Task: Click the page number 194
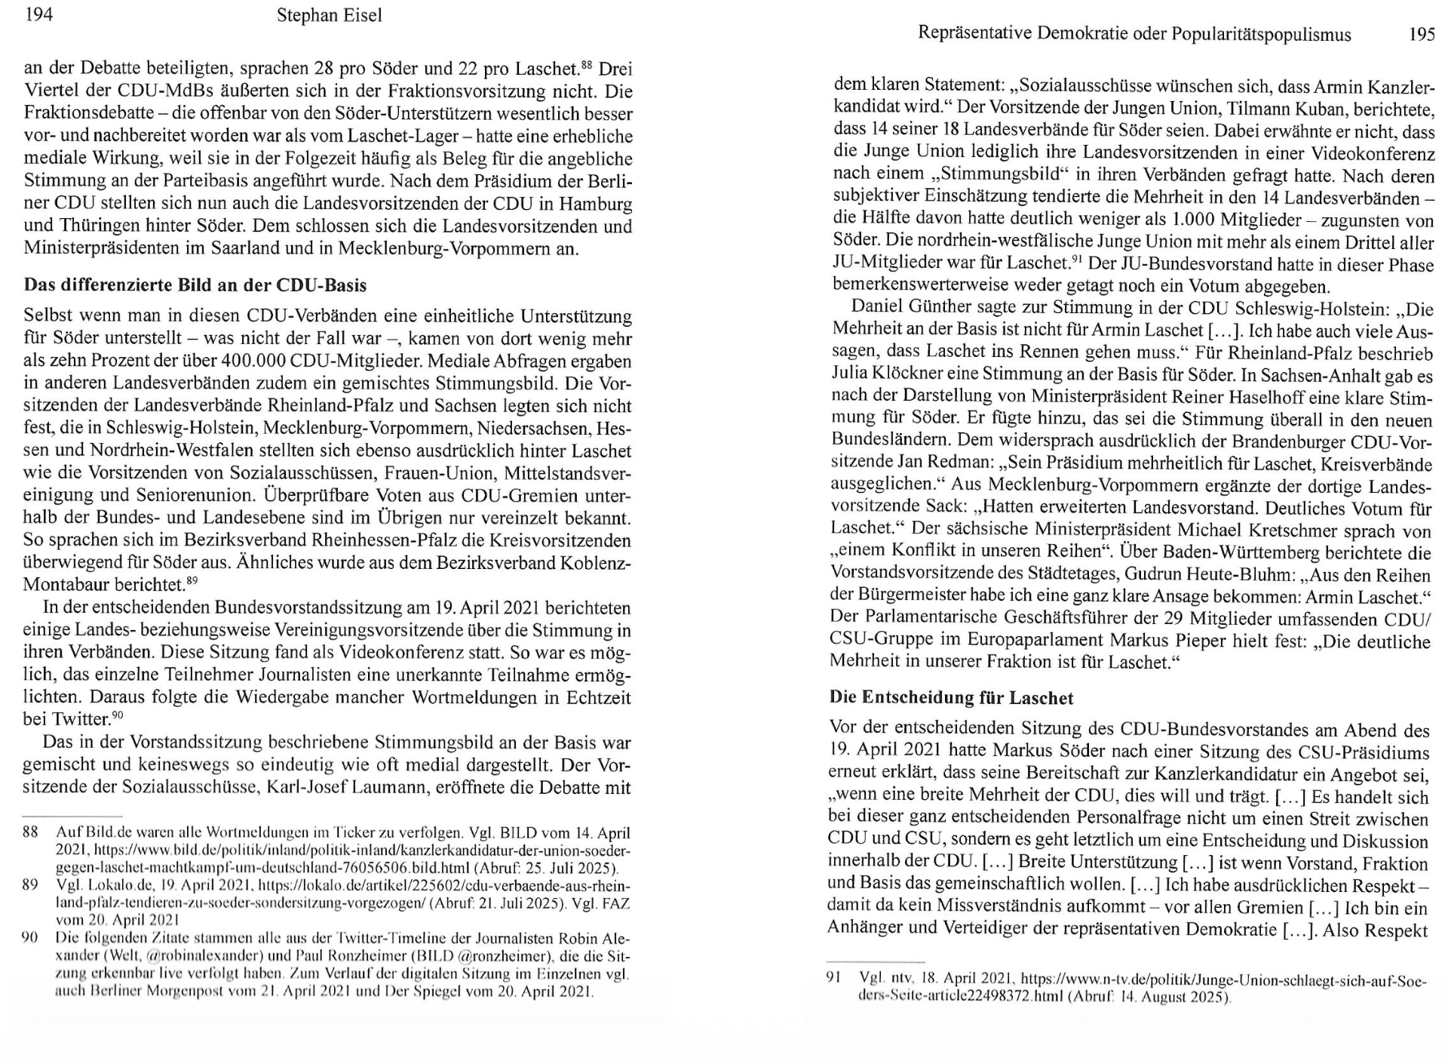click(x=39, y=15)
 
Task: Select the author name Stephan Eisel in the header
click(x=330, y=16)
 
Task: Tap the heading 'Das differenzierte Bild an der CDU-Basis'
click(x=195, y=285)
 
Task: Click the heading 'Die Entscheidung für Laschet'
click(x=951, y=697)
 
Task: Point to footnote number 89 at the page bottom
click(x=30, y=884)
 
